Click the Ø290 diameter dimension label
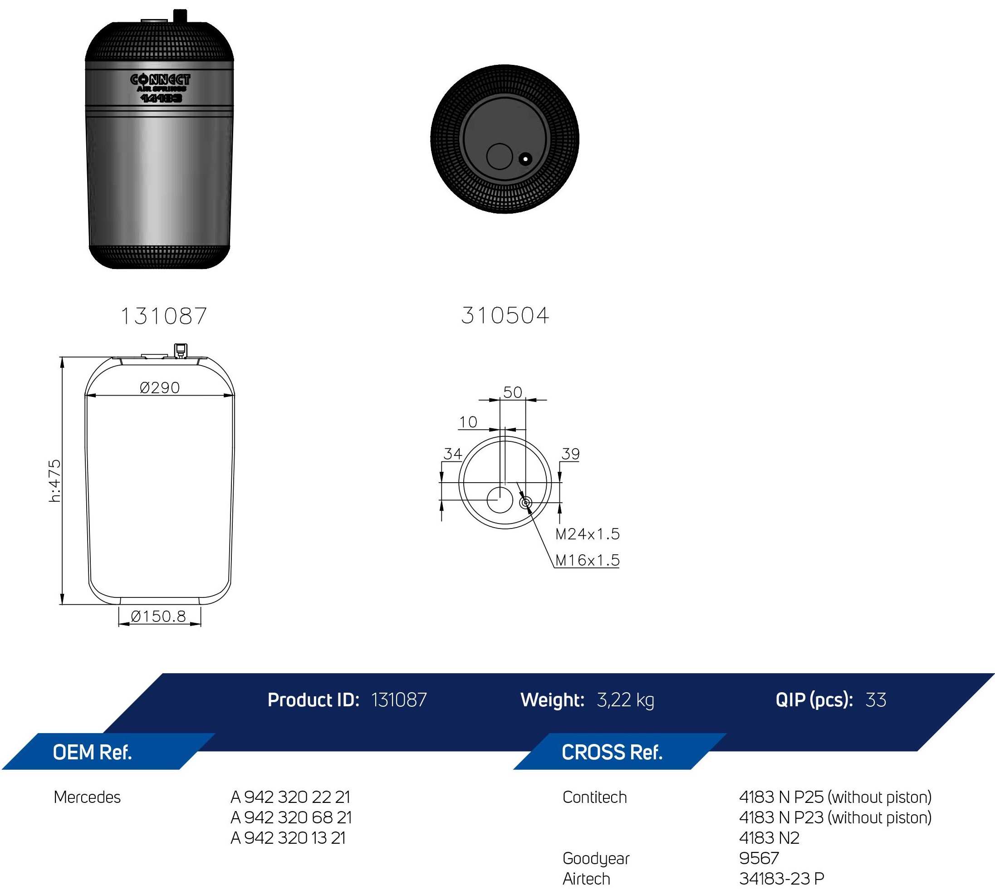click(x=159, y=388)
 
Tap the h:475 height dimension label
click(x=55, y=480)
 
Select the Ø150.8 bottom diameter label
click(x=158, y=616)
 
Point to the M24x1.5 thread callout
click(x=587, y=534)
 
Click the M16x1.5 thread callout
click(x=587, y=560)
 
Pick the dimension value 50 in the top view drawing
click(x=513, y=392)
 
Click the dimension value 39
click(x=570, y=454)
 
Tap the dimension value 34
click(x=452, y=454)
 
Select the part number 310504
click(x=505, y=315)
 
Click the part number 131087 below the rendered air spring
click(x=164, y=316)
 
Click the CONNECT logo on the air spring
click(x=160, y=80)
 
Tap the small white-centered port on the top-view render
click(x=525, y=159)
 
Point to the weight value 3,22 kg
click(x=625, y=700)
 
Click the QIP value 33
click(x=876, y=700)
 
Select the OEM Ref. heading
click(x=92, y=753)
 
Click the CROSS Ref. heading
click(x=612, y=753)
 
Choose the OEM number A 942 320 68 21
click(x=291, y=817)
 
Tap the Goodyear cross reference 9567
click(x=759, y=858)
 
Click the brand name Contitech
click(x=594, y=797)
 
